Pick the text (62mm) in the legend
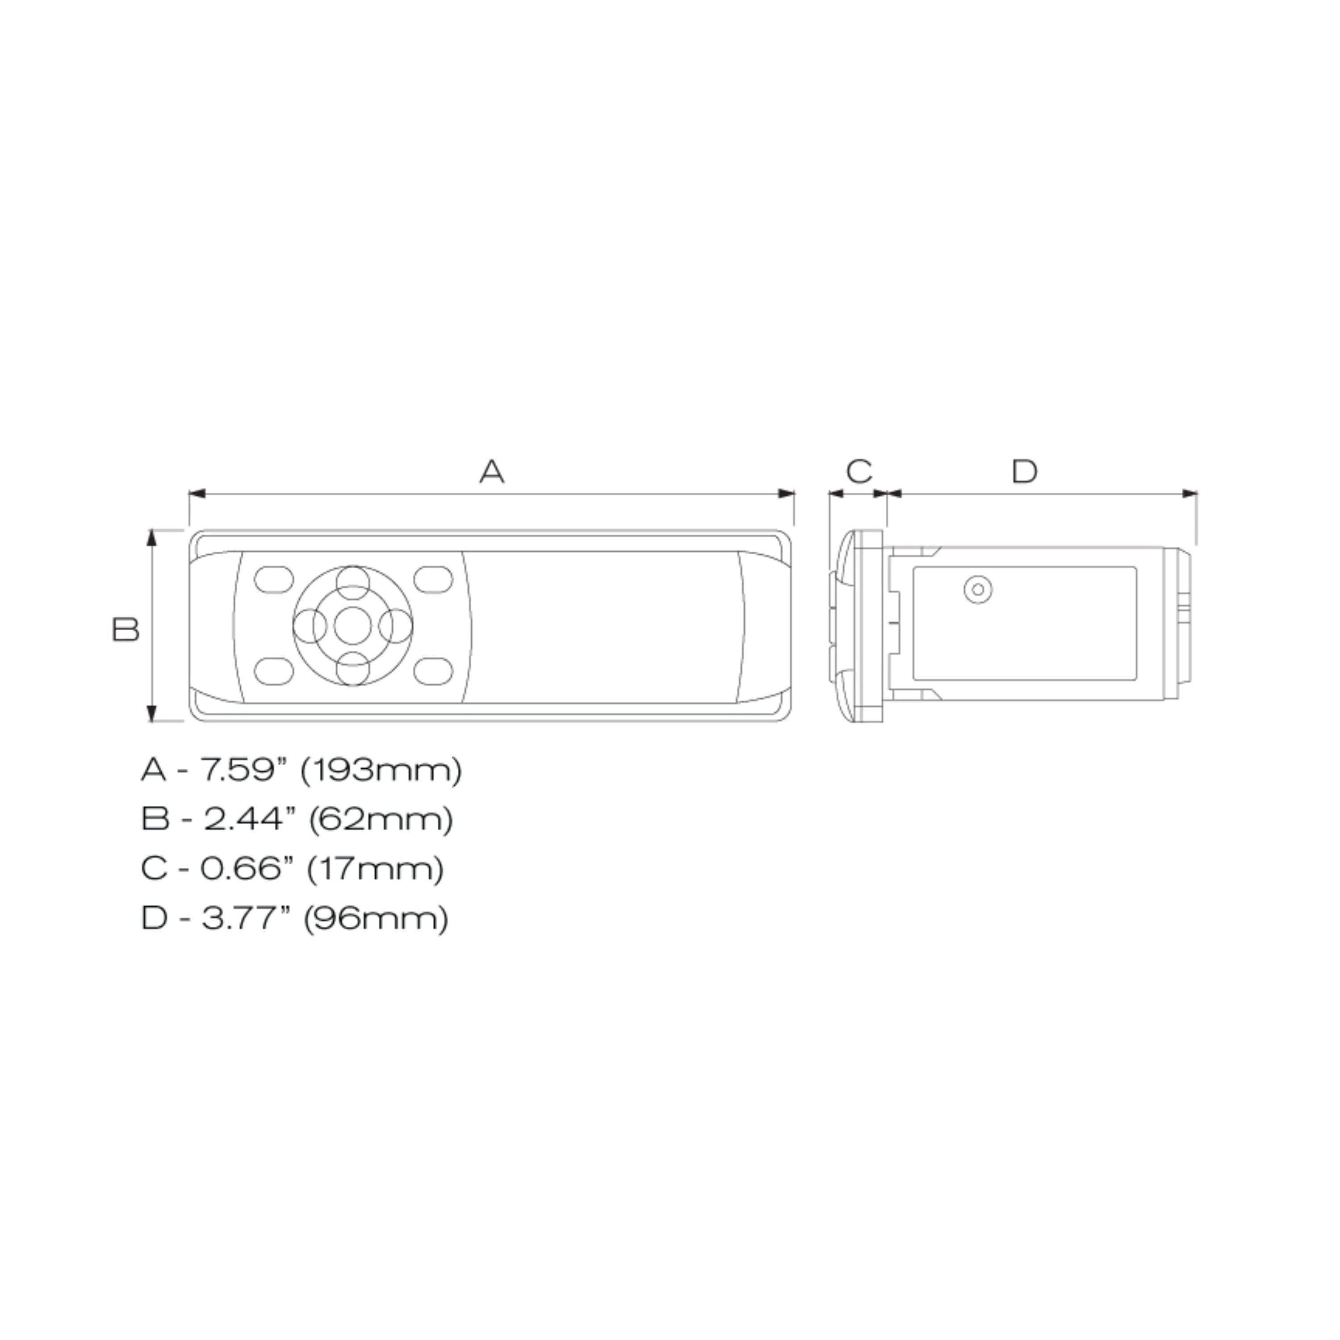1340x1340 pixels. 380,819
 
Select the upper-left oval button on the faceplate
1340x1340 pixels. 274,580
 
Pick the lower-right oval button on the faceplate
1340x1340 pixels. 433,670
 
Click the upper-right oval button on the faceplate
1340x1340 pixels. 433,580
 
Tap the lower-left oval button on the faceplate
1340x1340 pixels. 274,670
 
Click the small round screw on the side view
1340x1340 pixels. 978,590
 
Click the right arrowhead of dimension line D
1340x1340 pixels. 1189,494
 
